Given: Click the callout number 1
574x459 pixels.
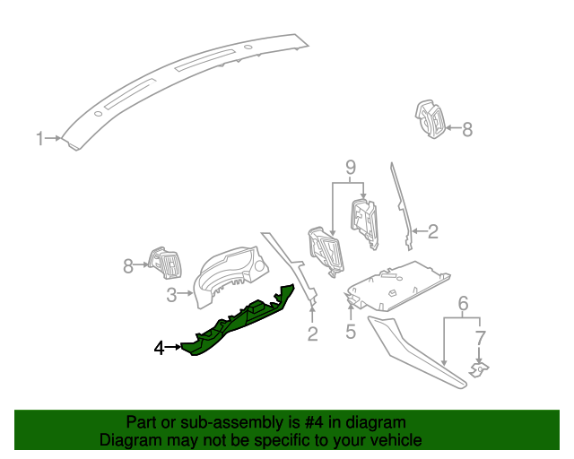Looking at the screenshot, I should click(x=39, y=138).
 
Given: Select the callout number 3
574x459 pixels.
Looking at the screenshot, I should click(x=171, y=293).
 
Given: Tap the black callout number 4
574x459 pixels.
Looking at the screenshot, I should click(x=160, y=348).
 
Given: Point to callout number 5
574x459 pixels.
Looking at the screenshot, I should click(x=351, y=332).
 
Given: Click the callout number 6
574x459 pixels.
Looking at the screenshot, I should click(x=463, y=304).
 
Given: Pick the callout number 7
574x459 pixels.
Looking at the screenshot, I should click(x=481, y=338).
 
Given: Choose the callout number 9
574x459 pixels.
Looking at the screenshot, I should click(x=351, y=167).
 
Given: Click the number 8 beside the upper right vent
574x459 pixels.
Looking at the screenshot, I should click(x=466, y=129).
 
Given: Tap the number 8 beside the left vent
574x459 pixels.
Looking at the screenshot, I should click(x=127, y=265).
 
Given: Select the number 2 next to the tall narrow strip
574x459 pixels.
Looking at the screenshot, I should click(x=432, y=232).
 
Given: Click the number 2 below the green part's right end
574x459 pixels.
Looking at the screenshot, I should click(x=312, y=334).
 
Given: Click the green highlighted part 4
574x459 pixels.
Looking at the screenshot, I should click(x=238, y=323).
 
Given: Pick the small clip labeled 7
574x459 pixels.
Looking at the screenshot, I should click(x=481, y=368).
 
